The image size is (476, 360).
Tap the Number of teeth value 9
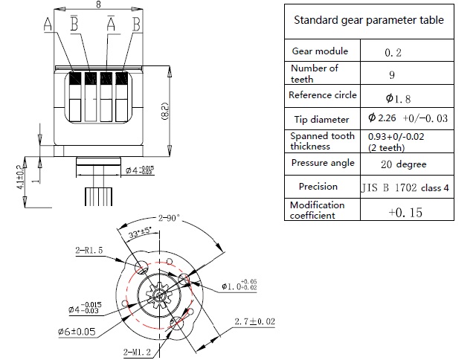tap(391, 74)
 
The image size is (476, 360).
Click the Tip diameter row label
tap(319, 120)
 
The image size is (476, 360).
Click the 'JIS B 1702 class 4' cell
tap(405, 187)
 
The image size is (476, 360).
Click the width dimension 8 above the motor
tap(100, 5)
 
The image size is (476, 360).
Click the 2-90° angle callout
tap(168, 219)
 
